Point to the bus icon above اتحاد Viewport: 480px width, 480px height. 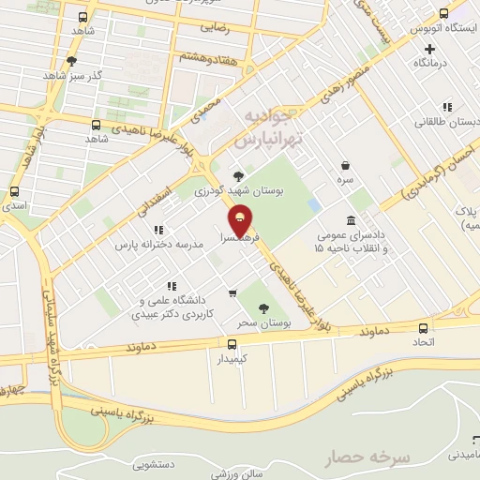(x=424, y=328)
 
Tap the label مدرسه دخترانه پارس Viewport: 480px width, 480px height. (x=158, y=244)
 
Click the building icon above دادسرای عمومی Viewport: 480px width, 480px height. (x=351, y=219)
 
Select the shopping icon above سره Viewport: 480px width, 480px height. (x=346, y=164)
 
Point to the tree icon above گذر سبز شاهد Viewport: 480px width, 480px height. (x=72, y=60)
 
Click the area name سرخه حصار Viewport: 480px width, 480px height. (x=367, y=457)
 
